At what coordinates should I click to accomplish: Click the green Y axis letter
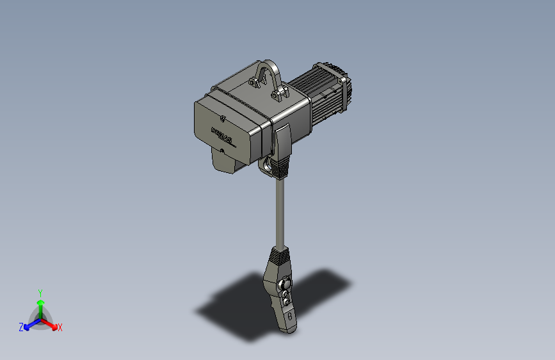click(x=40, y=292)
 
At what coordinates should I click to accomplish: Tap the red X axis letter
click(x=60, y=328)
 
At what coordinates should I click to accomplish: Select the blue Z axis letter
click(x=21, y=327)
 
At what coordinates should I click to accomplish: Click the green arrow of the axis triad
click(x=40, y=303)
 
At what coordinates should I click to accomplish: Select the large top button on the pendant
click(x=286, y=282)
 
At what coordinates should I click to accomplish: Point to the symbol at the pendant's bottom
click(x=290, y=316)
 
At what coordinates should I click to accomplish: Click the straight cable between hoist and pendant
click(x=280, y=211)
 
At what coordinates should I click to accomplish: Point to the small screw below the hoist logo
click(x=222, y=151)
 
